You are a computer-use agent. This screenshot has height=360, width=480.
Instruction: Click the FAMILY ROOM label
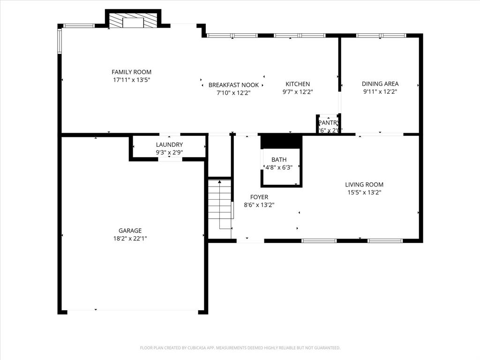click(131, 72)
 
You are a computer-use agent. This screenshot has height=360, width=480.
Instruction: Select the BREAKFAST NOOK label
click(233, 85)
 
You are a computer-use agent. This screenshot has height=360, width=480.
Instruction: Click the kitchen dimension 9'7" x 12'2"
click(298, 92)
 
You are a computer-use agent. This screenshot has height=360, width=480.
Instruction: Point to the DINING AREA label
click(380, 84)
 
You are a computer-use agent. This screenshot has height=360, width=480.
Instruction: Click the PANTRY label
click(328, 123)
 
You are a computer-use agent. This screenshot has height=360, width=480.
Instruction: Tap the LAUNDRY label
click(169, 145)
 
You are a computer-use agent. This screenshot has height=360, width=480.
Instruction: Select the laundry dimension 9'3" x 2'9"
click(169, 152)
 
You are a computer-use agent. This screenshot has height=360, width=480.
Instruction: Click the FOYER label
click(259, 197)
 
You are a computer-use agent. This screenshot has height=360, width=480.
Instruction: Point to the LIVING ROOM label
click(364, 185)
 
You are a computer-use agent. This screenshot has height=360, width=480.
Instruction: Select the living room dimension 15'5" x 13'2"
click(364, 192)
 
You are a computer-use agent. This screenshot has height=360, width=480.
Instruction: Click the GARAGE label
click(130, 231)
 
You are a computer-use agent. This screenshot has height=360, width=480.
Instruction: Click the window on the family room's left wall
click(60, 41)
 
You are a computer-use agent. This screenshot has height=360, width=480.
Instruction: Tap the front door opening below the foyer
click(250, 241)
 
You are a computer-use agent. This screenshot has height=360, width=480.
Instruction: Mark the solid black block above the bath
click(281, 141)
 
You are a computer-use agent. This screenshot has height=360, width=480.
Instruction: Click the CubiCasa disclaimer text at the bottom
click(240, 348)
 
